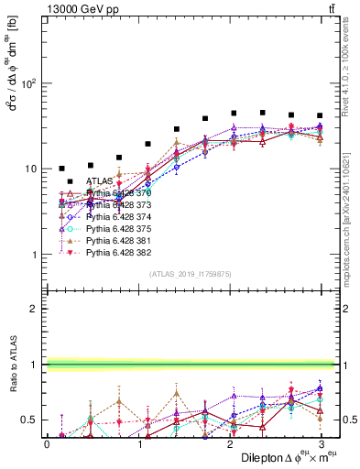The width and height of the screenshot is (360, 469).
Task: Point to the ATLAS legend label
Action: [100, 182]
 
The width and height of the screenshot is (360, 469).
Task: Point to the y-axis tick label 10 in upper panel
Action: [29, 169]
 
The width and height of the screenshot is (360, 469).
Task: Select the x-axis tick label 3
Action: [320, 442]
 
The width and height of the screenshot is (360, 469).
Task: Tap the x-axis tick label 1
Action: [137, 442]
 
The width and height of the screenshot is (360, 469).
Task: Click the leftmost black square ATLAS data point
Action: [61, 169]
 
